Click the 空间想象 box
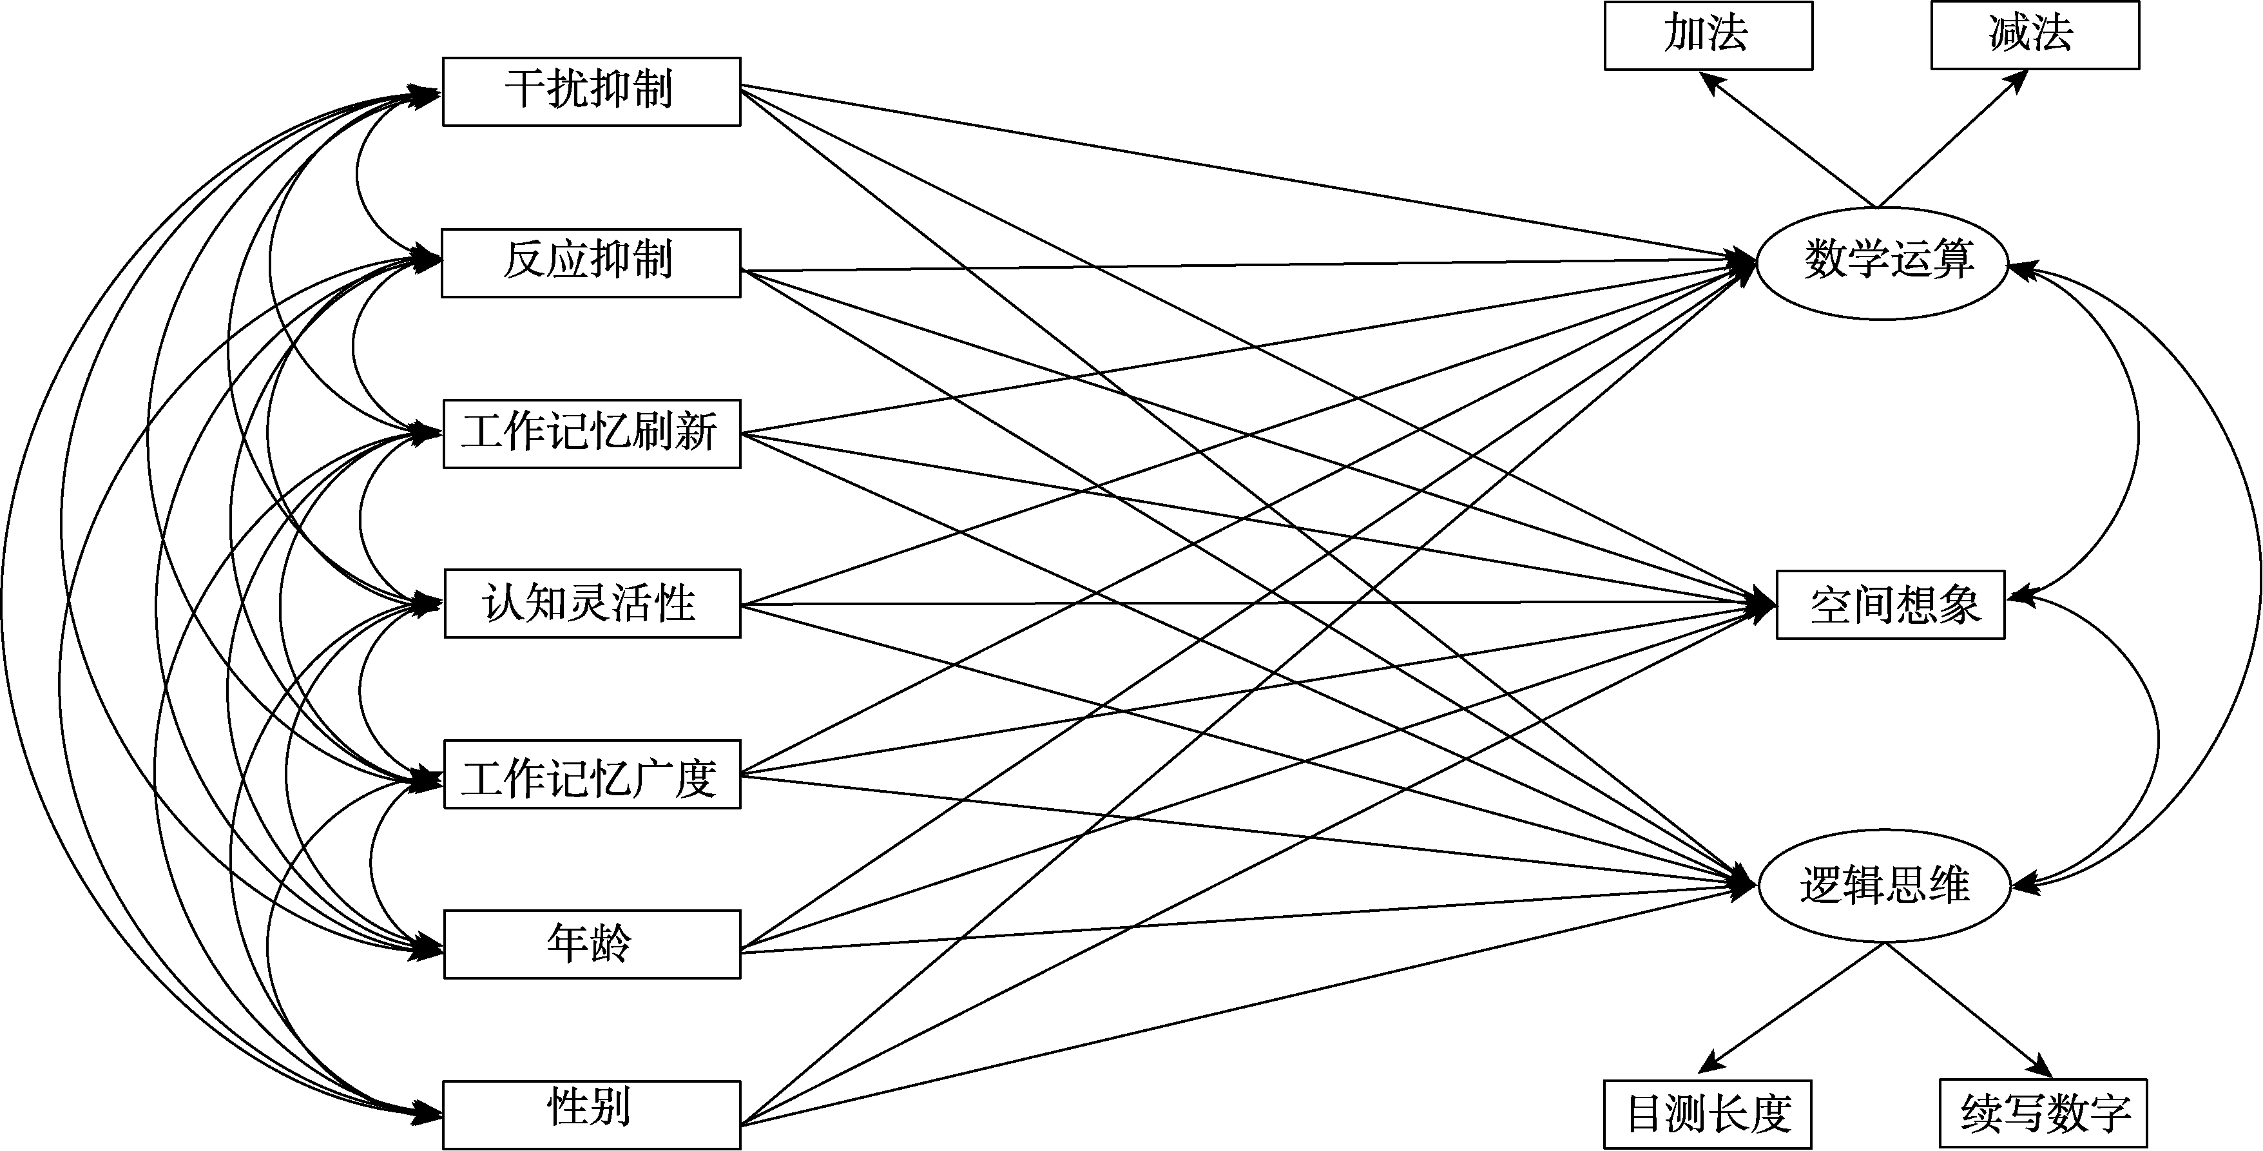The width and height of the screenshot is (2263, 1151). [x=1890, y=605]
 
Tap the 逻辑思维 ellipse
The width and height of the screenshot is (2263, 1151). [x=1883, y=885]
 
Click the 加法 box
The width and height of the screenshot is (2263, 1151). [x=1708, y=35]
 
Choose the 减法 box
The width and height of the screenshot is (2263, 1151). [x=2034, y=35]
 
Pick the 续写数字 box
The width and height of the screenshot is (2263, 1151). [x=2043, y=1113]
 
